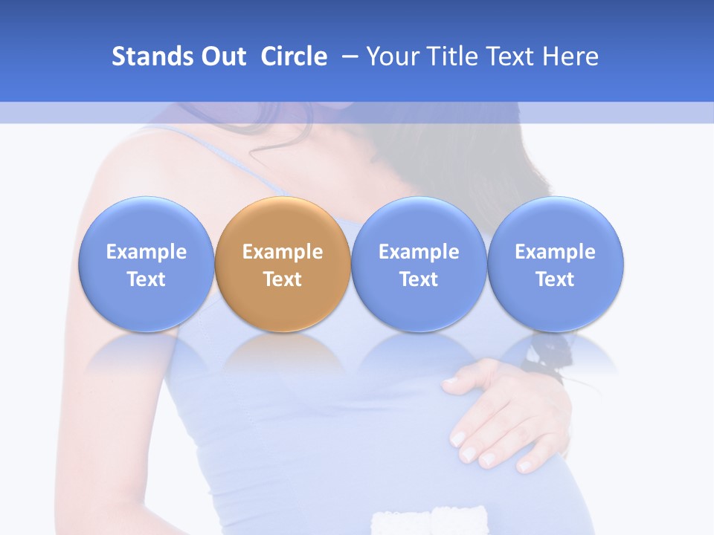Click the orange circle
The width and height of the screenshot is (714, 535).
pyautogui.click(x=283, y=223)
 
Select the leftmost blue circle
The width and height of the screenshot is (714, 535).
pyautogui.click(x=146, y=223)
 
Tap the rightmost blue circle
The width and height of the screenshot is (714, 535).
pyautogui.click(x=555, y=223)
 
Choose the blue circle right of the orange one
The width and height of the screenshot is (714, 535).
pyautogui.click(x=419, y=223)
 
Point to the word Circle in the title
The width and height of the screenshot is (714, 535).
pyautogui.click(x=294, y=56)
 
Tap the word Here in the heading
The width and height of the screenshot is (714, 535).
pyautogui.click(x=570, y=56)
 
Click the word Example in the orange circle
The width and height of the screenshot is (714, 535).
pyautogui.click(x=283, y=252)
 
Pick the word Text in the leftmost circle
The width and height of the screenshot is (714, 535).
pyautogui.click(x=146, y=279)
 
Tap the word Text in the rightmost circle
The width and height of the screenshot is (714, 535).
pyautogui.click(x=555, y=279)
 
